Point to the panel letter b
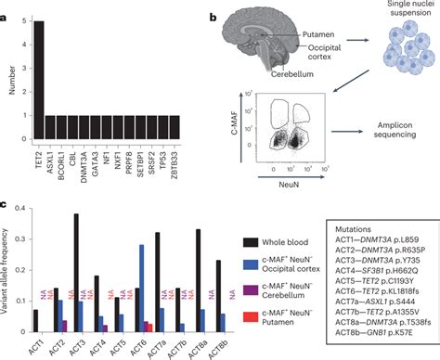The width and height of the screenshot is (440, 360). click(214, 18)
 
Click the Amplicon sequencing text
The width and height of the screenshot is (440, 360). click(387, 135)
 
